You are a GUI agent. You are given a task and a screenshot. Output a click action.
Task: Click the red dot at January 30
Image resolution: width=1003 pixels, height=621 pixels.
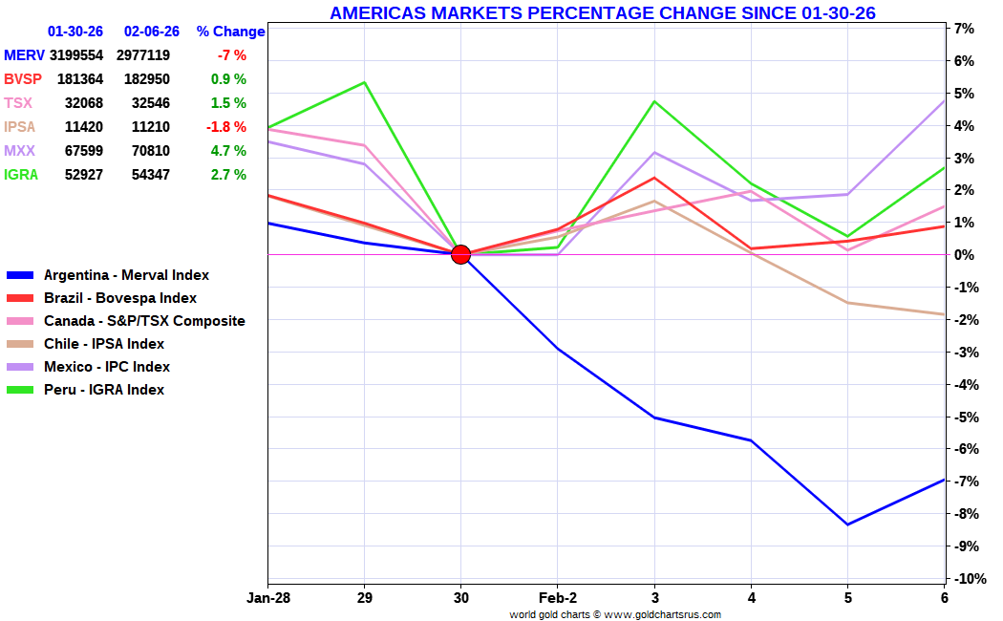coord(460,254)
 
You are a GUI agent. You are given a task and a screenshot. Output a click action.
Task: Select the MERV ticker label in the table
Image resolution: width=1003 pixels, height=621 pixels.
coord(24,55)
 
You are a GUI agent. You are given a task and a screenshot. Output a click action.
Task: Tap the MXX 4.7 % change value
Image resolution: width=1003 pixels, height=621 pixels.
coord(228,151)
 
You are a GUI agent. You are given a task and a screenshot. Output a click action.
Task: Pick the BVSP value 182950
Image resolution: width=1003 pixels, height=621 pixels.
coord(150,79)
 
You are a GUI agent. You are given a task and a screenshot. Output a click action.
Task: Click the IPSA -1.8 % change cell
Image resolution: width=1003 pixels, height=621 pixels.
coord(225,127)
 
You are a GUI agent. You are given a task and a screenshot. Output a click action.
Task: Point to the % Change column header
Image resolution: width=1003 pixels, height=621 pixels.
coord(230,32)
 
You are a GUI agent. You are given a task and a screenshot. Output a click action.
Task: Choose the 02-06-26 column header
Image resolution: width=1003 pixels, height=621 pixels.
coord(152,32)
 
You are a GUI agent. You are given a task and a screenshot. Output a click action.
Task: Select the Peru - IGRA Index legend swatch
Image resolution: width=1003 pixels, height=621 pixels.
coord(20,390)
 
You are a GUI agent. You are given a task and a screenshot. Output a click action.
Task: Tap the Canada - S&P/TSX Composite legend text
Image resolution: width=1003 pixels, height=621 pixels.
coord(144,321)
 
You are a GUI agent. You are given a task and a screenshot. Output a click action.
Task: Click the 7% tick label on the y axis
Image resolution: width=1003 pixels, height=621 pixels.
coord(964,29)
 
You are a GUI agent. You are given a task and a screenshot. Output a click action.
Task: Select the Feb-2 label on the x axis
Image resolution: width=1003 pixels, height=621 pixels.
coord(557,598)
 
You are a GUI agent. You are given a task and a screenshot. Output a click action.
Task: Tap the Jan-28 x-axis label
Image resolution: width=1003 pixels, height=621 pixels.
coord(268,598)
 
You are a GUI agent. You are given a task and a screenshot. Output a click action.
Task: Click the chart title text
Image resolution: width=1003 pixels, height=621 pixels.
coord(603,12)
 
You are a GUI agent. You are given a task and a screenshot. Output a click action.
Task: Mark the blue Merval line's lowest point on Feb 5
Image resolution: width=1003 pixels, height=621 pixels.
coord(847,525)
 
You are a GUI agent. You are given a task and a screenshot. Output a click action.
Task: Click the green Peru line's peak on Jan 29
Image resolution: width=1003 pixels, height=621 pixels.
coord(364,82)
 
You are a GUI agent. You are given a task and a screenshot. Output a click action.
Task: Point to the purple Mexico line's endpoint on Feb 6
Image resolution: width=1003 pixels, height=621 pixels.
coord(944,101)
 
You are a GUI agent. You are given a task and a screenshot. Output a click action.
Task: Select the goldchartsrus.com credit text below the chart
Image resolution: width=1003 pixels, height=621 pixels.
coord(615,614)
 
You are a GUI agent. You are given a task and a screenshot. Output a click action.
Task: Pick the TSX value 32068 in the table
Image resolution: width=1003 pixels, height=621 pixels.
coord(84,103)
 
